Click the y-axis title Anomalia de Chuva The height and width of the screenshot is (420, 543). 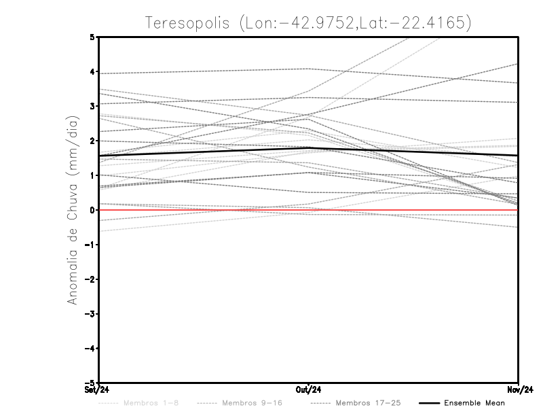point(73,211)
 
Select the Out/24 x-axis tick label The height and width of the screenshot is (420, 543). point(308,390)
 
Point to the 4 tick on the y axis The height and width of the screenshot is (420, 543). point(92,71)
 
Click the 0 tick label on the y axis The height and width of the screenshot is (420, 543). point(92,210)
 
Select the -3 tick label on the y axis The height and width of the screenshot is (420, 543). point(90,314)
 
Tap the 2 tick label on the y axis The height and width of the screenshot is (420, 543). point(92,141)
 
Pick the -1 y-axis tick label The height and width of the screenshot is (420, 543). point(90,245)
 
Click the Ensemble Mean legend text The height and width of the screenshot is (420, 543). point(474,403)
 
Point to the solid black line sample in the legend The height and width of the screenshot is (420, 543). point(428,403)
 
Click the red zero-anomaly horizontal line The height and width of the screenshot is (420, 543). point(204,210)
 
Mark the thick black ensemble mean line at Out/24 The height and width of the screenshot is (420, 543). point(308,148)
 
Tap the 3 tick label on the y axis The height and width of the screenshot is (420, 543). point(92,106)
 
